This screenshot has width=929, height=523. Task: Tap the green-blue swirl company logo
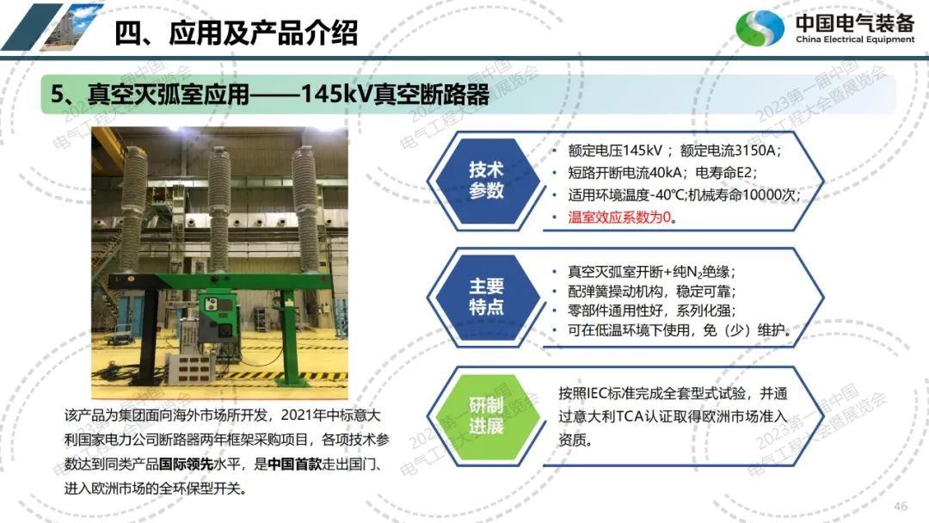[760, 28]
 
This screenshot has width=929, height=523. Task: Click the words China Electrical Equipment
[855, 39]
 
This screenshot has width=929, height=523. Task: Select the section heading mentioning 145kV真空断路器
[269, 94]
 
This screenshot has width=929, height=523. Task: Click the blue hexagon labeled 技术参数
[486, 180]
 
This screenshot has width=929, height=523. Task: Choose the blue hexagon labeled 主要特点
[486, 296]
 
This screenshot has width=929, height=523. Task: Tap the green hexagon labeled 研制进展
[486, 415]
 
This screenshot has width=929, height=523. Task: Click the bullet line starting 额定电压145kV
[674, 151]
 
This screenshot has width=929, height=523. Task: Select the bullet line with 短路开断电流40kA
[661, 172]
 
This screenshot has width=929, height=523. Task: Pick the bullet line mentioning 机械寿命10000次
[684, 195]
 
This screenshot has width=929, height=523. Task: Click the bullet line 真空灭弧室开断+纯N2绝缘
[651, 272]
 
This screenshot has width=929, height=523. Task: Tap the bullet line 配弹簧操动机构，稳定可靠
[651, 292]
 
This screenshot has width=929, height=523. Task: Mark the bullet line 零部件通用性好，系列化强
[651, 311]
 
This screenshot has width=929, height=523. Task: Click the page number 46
[900, 506]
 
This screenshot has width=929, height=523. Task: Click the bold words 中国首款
[294, 464]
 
